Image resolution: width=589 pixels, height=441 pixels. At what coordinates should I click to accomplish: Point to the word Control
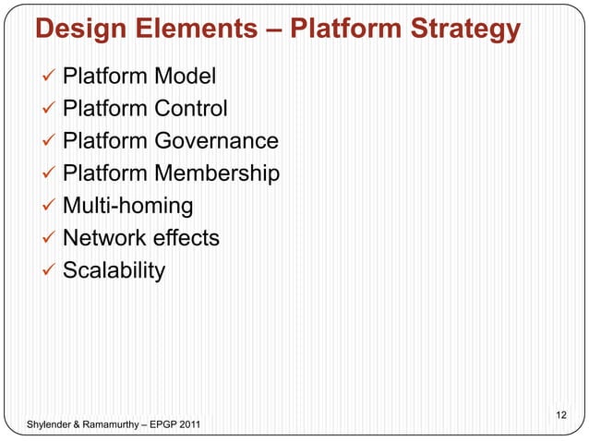click(x=190, y=109)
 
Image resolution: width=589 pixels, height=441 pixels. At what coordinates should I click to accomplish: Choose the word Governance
click(x=216, y=141)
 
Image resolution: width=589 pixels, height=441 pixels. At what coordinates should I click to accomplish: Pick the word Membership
click(x=217, y=173)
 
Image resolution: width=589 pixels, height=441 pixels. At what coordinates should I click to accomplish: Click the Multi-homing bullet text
click(x=127, y=206)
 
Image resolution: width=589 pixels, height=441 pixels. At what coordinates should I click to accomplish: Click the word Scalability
click(x=114, y=270)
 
